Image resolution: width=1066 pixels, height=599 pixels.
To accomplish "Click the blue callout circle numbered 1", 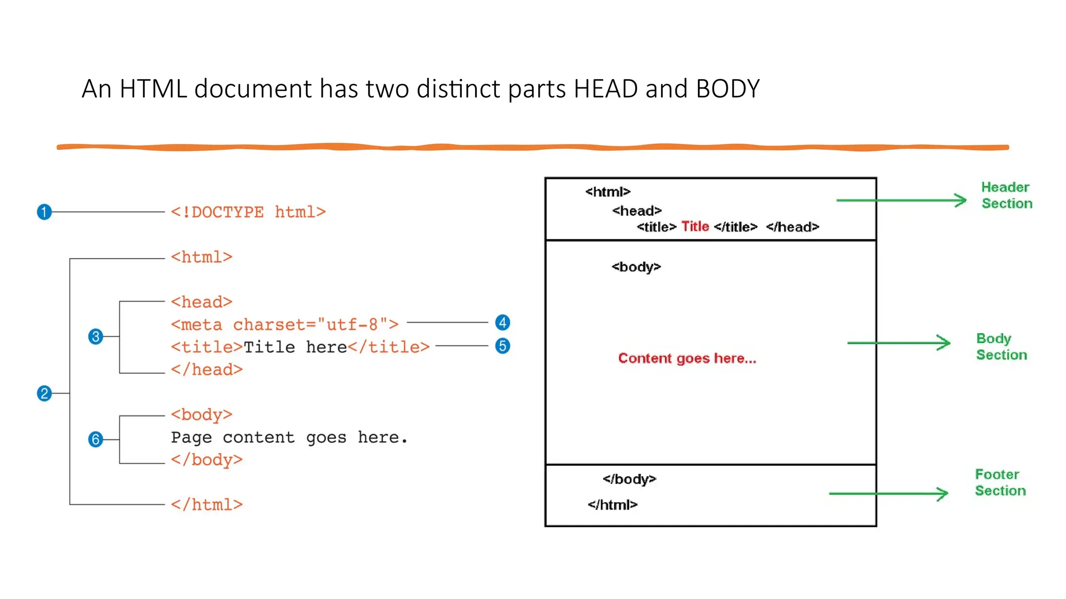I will point(44,212).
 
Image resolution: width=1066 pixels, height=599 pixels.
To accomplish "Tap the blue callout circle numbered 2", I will point(44,393).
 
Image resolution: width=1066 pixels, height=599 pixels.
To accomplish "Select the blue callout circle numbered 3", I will point(95,336).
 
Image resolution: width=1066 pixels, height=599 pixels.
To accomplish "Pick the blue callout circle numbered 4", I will point(502,322).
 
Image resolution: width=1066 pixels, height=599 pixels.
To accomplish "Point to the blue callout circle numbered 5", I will point(502,346).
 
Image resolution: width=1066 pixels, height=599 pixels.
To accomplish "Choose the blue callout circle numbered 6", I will point(95,439).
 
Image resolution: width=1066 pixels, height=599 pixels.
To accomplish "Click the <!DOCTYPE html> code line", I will point(248,212).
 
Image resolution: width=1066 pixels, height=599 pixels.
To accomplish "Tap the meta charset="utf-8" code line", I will point(284,325).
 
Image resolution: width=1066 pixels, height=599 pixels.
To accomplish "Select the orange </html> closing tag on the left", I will point(207,505).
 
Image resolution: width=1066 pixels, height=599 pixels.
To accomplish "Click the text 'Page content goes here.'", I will point(289,437).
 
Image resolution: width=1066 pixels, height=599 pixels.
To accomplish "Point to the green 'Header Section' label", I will point(1006,196).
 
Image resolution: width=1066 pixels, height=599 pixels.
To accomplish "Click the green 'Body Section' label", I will point(1001,347).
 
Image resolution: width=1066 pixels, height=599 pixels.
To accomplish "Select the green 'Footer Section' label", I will point(1000,483).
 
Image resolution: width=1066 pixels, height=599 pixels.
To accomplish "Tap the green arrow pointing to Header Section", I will point(901,200).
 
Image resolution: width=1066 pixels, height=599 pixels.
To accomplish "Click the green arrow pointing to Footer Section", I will point(888,493).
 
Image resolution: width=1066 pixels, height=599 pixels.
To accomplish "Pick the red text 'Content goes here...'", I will point(687,358).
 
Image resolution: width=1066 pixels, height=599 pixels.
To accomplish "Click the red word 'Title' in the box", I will point(695,227).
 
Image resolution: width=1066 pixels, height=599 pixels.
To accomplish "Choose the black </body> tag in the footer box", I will point(629,479).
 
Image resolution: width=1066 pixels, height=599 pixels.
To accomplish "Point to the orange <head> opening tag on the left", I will point(201,302).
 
